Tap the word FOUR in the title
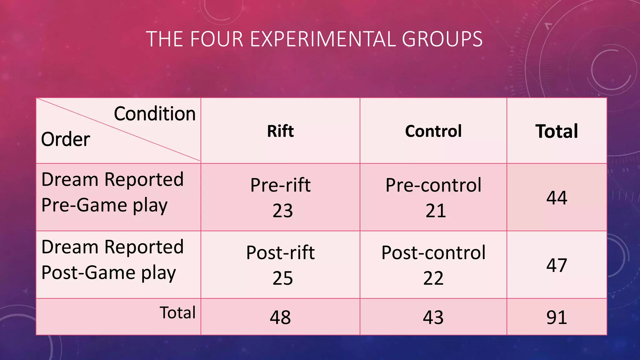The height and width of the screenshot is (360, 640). (216, 39)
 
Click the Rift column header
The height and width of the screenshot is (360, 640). (280, 131)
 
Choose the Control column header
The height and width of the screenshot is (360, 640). (433, 131)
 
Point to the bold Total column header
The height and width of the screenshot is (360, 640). (557, 131)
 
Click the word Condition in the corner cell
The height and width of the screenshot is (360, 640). (155, 113)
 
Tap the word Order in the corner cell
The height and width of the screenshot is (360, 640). (66, 139)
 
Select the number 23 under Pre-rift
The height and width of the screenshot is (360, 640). (282, 211)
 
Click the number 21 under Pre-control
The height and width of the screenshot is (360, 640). (435, 211)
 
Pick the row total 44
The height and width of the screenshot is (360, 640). (557, 197)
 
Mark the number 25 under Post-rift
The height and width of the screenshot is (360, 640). (282, 278)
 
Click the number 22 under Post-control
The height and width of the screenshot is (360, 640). (433, 278)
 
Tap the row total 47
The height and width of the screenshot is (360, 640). (557, 265)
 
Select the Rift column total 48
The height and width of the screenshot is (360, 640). (280, 317)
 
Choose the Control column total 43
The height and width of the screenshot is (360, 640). (433, 317)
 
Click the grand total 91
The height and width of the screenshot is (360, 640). (557, 317)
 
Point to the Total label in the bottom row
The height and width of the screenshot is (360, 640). (177, 312)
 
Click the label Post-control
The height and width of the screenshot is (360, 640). (433, 252)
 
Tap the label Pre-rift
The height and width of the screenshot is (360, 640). (280, 185)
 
